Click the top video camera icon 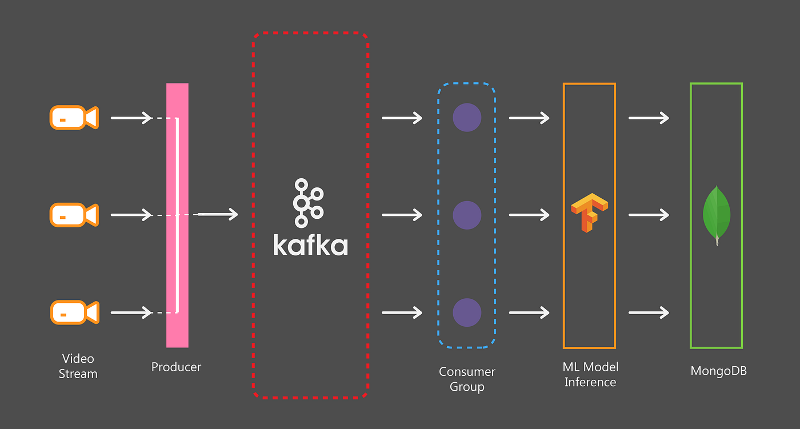74,118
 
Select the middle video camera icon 74,215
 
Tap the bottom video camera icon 74,312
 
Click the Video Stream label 78,366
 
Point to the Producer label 176,367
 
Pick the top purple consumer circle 467,118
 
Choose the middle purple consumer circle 467,215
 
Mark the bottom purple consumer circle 467,312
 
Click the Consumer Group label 467,379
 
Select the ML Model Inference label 590,374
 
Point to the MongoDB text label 718,371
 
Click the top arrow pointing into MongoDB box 649,118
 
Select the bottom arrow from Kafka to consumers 402,312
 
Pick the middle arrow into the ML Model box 529,215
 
